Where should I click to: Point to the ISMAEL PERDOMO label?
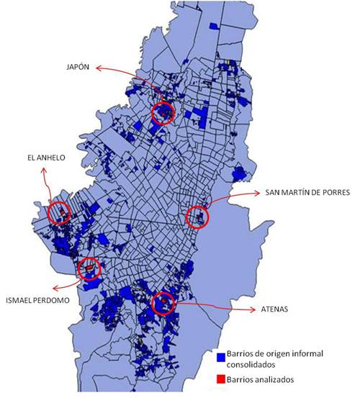coord(42,300)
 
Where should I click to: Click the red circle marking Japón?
coord(164,113)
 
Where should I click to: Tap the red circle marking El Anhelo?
coord(59,212)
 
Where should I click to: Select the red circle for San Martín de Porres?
coord(197,217)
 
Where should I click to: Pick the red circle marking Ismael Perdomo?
coord(90,268)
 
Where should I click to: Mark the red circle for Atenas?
coord(164,302)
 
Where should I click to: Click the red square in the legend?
coord(220,378)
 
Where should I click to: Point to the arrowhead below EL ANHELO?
coord(44,170)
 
